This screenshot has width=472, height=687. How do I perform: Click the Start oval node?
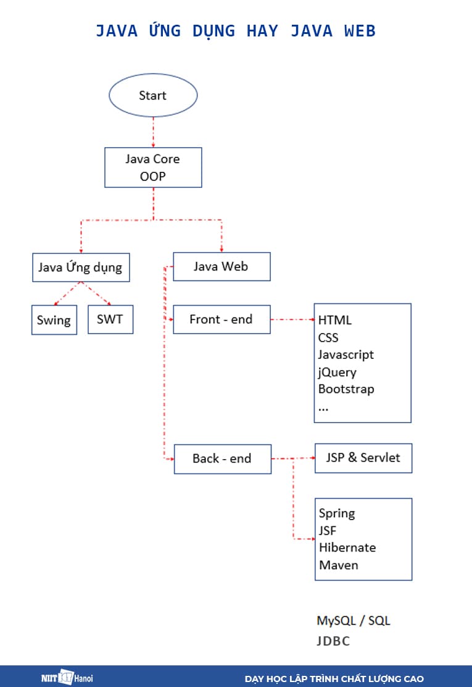tap(153, 96)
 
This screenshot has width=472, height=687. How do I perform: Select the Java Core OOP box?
tap(153, 167)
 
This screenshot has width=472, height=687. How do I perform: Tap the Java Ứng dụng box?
tap(80, 268)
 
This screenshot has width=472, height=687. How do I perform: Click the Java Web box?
tap(221, 266)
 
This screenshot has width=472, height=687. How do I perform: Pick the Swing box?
tap(54, 320)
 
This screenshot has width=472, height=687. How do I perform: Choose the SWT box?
tap(110, 319)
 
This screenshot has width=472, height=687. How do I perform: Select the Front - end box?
tap(221, 319)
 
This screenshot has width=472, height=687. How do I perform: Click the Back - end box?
tap(222, 458)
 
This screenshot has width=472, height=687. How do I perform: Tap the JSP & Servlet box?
tap(363, 458)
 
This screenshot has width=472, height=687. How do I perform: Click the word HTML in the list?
tap(335, 320)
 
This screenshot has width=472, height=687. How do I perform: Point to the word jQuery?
tap(337, 372)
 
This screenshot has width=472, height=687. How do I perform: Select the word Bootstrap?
tap(346, 389)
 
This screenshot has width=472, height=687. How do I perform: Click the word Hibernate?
tap(347, 547)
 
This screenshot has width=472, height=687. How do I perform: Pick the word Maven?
tap(338, 565)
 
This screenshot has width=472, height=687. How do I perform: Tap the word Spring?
tap(337, 513)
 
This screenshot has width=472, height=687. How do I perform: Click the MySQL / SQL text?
tap(354, 620)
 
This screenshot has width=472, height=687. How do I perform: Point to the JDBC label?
tap(333, 641)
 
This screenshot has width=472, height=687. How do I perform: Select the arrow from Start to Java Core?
tap(153, 132)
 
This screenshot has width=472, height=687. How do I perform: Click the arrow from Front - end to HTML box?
tap(292, 319)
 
